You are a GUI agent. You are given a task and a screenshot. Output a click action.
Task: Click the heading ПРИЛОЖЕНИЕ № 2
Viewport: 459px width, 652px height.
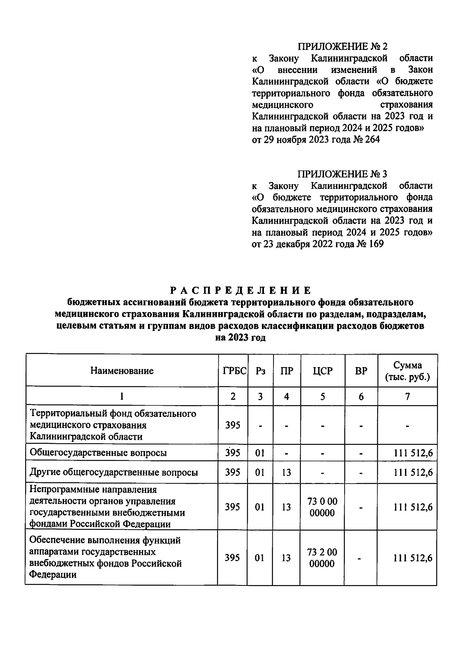pos(342,47)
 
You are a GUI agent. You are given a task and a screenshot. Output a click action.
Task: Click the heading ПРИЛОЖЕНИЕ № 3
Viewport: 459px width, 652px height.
pos(342,174)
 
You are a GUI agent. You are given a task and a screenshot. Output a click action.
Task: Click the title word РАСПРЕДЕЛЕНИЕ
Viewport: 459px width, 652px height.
pos(241,290)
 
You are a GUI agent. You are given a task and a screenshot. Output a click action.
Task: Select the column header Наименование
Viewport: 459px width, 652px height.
pos(122,371)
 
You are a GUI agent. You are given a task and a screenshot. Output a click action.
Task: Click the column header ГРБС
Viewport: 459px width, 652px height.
pos(234,371)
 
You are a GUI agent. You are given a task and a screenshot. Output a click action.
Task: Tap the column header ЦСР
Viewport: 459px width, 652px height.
pos(323,371)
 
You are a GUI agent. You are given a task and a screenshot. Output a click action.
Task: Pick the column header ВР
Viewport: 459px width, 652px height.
pos(361,371)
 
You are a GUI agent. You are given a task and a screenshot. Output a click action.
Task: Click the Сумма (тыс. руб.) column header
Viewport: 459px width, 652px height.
pos(408,371)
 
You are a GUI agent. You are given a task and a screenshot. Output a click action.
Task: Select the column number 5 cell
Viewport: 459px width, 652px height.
pos(323,397)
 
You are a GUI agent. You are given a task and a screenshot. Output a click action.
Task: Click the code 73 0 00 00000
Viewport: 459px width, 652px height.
pos(322,507)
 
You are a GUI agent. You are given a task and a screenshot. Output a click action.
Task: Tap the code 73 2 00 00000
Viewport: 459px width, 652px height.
pos(322,558)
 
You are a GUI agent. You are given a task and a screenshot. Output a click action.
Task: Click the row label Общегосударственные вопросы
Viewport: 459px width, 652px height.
pos(98,453)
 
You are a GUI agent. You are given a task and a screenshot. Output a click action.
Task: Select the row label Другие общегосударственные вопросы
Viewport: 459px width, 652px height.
pos(114,472)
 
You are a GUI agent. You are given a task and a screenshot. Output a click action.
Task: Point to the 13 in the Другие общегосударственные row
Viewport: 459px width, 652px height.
pos(286,472)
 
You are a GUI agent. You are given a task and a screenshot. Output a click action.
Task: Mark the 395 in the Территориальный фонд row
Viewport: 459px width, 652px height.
pos(233,425)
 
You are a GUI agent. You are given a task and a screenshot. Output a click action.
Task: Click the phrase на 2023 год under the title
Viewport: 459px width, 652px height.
pos(241,338)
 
